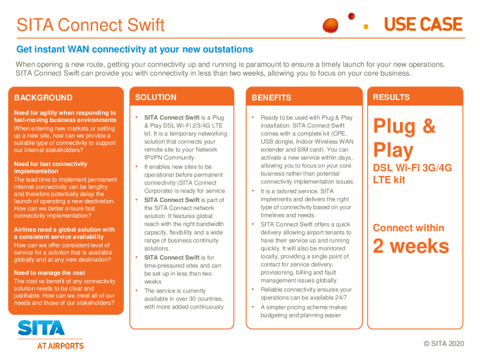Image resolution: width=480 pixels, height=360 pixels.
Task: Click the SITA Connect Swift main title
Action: [x=91, y=25]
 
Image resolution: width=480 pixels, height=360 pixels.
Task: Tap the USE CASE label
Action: [x=423, y=25]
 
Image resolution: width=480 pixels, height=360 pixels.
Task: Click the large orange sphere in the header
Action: [x=330, y=25]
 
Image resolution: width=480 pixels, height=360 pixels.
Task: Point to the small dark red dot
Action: [x=351, y=16]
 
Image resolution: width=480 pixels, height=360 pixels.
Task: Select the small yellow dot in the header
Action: [x=365, y=27]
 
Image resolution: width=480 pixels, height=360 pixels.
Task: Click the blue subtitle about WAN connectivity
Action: [x=135, y=49]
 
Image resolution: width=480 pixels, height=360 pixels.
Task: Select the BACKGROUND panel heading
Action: [x=43, y=97]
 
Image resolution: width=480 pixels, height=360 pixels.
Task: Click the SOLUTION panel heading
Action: [x=156, y=97]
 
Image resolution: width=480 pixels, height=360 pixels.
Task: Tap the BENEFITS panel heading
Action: [x=271, y=97]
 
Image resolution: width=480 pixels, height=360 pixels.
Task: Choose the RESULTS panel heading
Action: [x=391, y=97]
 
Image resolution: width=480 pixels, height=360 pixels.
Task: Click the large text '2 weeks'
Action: [x=411, y=246]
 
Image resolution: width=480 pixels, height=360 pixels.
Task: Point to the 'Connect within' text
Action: [x=409, y=228]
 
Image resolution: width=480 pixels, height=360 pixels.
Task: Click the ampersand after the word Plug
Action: [x=429, y=126]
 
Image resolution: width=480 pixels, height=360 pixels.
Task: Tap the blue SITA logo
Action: [x=41, y=328]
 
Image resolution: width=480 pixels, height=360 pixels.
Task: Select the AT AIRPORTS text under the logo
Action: [x=60, y=346]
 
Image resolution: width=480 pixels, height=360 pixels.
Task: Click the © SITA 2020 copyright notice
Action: [x=444, y=343]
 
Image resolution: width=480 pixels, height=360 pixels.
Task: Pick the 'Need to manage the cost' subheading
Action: [x=49, y=273]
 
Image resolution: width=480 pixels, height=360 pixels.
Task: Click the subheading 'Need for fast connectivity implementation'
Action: [x=51, y=167]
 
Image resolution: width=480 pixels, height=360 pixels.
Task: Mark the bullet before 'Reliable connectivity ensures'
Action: [x=253, y=289]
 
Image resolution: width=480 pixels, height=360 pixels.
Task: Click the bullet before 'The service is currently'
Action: [x=137, y=290]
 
